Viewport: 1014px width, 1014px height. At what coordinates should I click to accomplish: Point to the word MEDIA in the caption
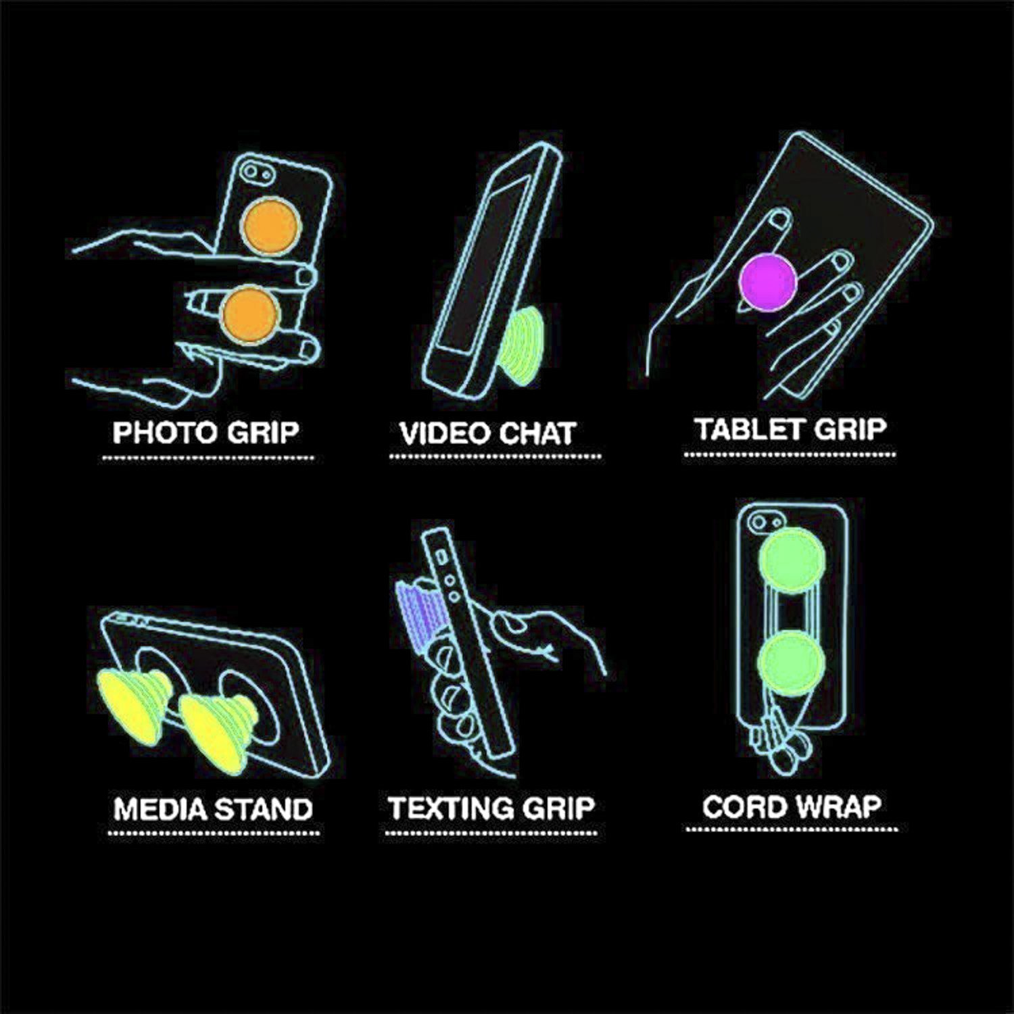(x=161, y=808)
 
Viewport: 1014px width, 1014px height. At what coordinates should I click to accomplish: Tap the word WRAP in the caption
(x=836, y=806)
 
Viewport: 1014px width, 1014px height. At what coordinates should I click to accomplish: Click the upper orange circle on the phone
(x=269, y=225)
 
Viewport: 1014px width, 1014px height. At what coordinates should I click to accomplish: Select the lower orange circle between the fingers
(x=249, y=314)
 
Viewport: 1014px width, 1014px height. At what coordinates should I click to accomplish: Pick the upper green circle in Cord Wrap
(x=790, y=560)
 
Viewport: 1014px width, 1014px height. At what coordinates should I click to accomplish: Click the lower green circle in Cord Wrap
(x=790, y=662)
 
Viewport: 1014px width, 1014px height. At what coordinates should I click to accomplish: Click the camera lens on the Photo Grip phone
(x=250, y=169)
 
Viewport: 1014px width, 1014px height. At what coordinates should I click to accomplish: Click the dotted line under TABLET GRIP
(x=790, y=454)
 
